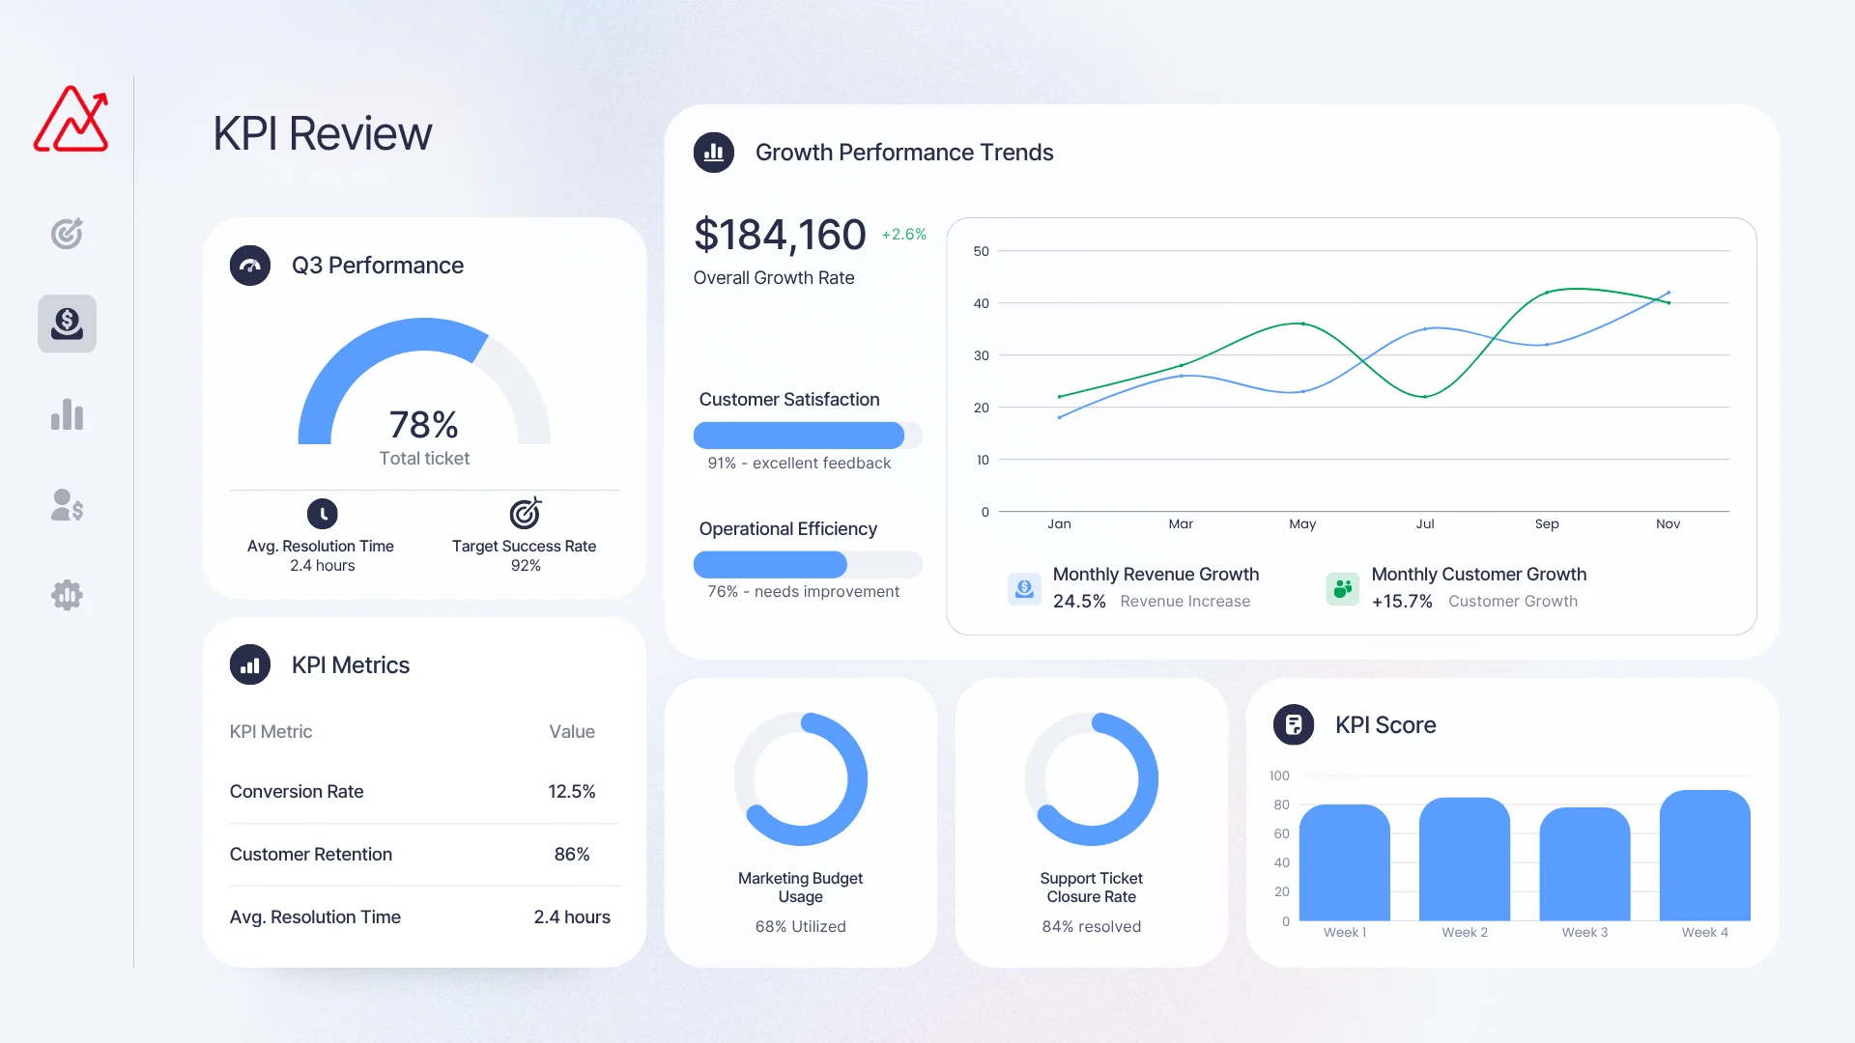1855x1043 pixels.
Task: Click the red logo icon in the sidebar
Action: pyautogui.click(x=71, y=120)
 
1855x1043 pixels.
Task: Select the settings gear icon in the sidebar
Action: pyautogui.click(x=67, y=595)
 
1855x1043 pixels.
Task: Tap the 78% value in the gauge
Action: pyautogui.click(x=423, y=425)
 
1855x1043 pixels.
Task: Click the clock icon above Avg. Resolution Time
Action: pyautogui.click(x=323, y=513)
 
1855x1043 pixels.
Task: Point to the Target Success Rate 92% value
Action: pyautogui.click(x=526, y=566)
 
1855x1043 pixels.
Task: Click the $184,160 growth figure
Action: pyautogui.click(x=780, y=235)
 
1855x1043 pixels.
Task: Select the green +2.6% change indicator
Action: pyautogui.click(x=903, y=235)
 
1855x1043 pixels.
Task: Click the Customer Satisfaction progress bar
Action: pyautogui.click(x=807, y=436)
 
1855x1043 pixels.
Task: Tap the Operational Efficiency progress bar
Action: pyautogui.click(x=807, y=564)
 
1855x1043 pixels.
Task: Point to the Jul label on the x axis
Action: pyautogui.click(x=1425, y=524)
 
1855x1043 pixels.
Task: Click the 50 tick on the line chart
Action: pyautogui.click(x=982, y=252)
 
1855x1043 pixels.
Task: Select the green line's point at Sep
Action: pyautogui.click(x=1547, y=292)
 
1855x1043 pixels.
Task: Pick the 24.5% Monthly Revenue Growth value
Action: pyautogui.click(x=1079, y=602)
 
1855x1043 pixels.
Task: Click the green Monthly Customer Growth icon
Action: pyautogui.click(x=1342, y=588)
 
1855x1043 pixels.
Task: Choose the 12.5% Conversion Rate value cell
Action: pyautogui.click(x=571, y=792)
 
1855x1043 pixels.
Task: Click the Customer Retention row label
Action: pyautogui.click(x=311, y=855)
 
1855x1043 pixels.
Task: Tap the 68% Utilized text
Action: pyautogui.click(x=800, y=927)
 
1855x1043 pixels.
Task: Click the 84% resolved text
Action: pyautogui.click(x=1091, y=927)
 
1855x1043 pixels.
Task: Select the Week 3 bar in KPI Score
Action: pyautogui.click(x=1584, y=864)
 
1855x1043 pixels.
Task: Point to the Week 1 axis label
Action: pyautogui.click(x=1345, y=933)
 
